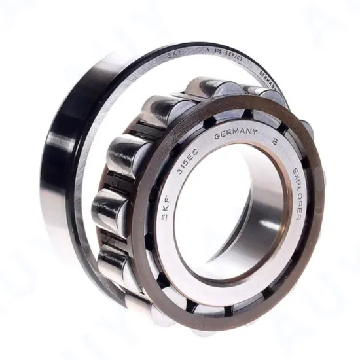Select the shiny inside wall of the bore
click(265, 216)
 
